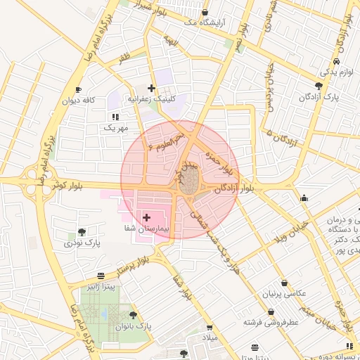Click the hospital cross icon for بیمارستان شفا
(146, 218)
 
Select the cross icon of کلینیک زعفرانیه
(151, 89)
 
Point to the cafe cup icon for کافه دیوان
(78, 89)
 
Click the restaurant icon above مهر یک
(115, 117)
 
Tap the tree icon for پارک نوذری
(82, 232)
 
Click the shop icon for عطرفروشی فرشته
(271, 311)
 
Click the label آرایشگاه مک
(204, 23)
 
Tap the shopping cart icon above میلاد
(209, 328)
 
